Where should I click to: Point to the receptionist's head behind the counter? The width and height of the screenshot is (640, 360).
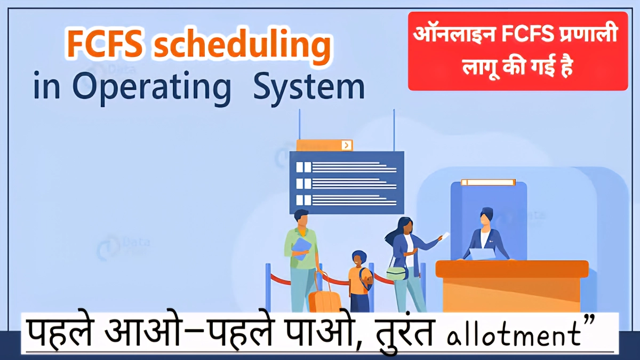click(486, 216)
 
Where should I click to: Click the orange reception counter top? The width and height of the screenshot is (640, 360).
click(511, 268)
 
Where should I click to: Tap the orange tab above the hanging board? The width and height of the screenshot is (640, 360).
click(324, 145)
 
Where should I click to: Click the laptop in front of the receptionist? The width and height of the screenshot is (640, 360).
click(482, 253)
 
